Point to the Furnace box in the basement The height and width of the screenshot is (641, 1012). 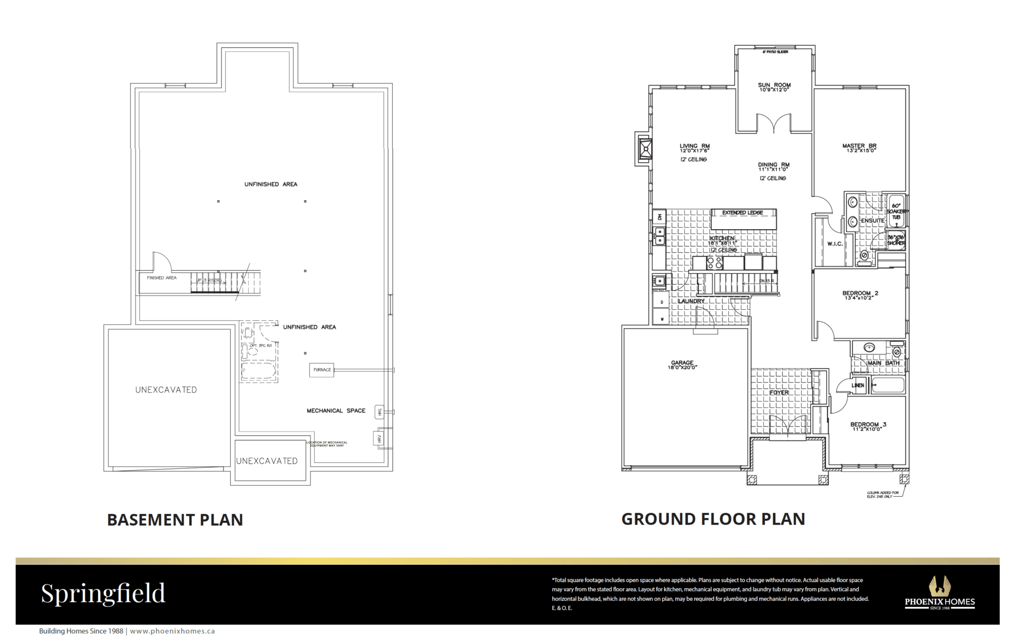[x=322, y=370]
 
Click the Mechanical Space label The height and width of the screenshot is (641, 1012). [x=336, y=410]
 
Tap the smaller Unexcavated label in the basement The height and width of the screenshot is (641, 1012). [x=267, y=461]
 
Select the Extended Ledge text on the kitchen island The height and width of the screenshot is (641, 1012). [x=742, y=213]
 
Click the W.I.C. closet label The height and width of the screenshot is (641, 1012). [x=835, y=244]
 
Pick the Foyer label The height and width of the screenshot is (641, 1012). [x=779, y=392]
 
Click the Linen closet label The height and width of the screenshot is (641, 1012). [x=858, y=386]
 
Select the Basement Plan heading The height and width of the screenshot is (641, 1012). [x=175, y=520]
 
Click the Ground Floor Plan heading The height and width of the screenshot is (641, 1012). [x=713, y=519]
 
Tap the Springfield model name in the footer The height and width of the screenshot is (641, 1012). [x=103, y=593]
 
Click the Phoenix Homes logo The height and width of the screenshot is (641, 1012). [x=939, y=593]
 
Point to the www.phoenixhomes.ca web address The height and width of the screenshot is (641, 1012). [x=172, y=631]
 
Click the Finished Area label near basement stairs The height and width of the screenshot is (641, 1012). [x=162, y=278]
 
